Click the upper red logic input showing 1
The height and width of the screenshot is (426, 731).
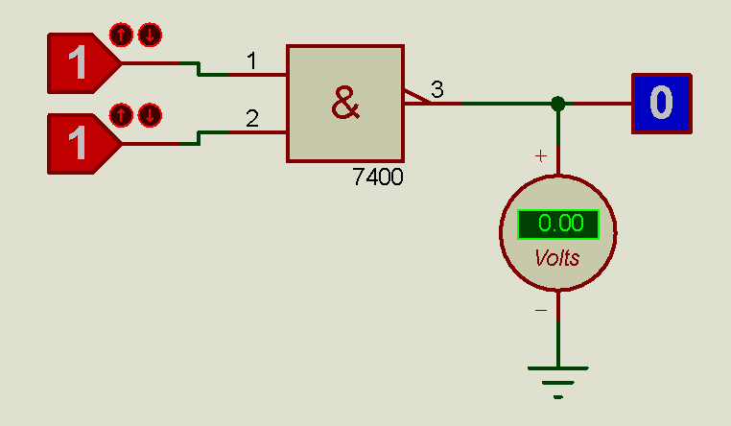(x=79, y=62)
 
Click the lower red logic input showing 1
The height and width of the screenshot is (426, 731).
(x=79, y=144)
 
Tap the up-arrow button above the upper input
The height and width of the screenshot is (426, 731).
(x=121, y=35)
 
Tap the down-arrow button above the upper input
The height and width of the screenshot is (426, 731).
(x=150, y=35)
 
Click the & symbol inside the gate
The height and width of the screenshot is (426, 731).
(x=345, y=103)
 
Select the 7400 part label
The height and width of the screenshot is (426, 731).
(x=378, y=177)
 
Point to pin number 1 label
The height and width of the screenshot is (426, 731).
(x=251, y=62)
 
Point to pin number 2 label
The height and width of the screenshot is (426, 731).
(x=251, y=119)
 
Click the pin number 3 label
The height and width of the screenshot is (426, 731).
(x=436, y=90)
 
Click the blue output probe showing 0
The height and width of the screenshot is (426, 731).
(x=661, y=103)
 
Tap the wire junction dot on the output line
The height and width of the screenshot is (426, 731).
(x=557, y=103)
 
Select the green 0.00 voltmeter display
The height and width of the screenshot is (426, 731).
(x=558, y=225)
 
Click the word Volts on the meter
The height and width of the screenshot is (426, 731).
(x=557, y=258)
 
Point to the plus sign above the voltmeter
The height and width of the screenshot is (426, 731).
(x=540, y=155)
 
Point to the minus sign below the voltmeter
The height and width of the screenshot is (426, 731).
(x=540, y=310)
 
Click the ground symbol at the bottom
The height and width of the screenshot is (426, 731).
(x=557, y=379)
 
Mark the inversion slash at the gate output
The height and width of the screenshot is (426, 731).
(x=414, y=97)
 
